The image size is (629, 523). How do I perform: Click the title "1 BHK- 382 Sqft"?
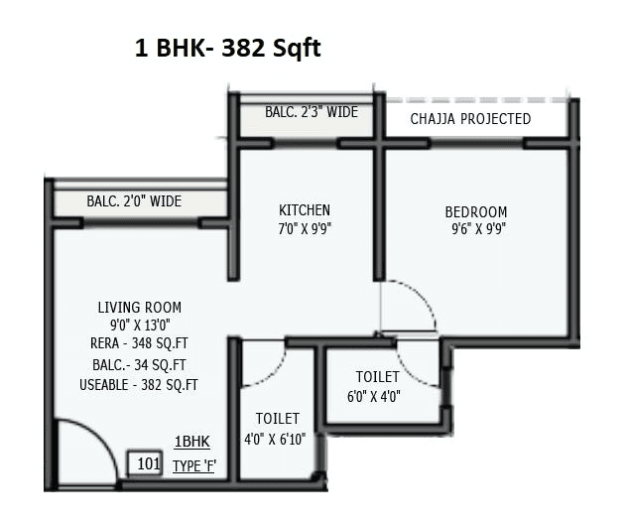[x=227, y=48]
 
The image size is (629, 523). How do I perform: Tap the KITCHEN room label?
[x=305, y=210]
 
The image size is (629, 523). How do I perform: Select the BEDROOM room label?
[x=475, y=212]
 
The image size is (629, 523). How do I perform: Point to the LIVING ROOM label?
[x=139, y=308]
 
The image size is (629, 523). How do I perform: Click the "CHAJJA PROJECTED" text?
[x=470, y=119]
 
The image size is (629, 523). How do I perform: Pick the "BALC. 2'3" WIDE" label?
[x=311, y=112]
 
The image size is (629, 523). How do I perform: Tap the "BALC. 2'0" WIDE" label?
[x=134, y=201]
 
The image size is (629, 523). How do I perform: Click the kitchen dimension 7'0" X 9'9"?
[x=305, y=227]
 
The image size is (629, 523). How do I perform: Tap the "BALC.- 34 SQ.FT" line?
[x=139, y=364]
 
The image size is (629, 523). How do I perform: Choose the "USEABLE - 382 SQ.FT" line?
[x=139, y=384]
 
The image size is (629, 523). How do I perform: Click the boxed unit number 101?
[x=148, y=463]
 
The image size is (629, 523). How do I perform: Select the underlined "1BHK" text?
[x=192, y=443]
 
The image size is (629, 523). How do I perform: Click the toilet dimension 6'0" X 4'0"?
[x=378, y=397]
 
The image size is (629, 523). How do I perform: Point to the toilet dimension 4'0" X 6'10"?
[x=277, y=439]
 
